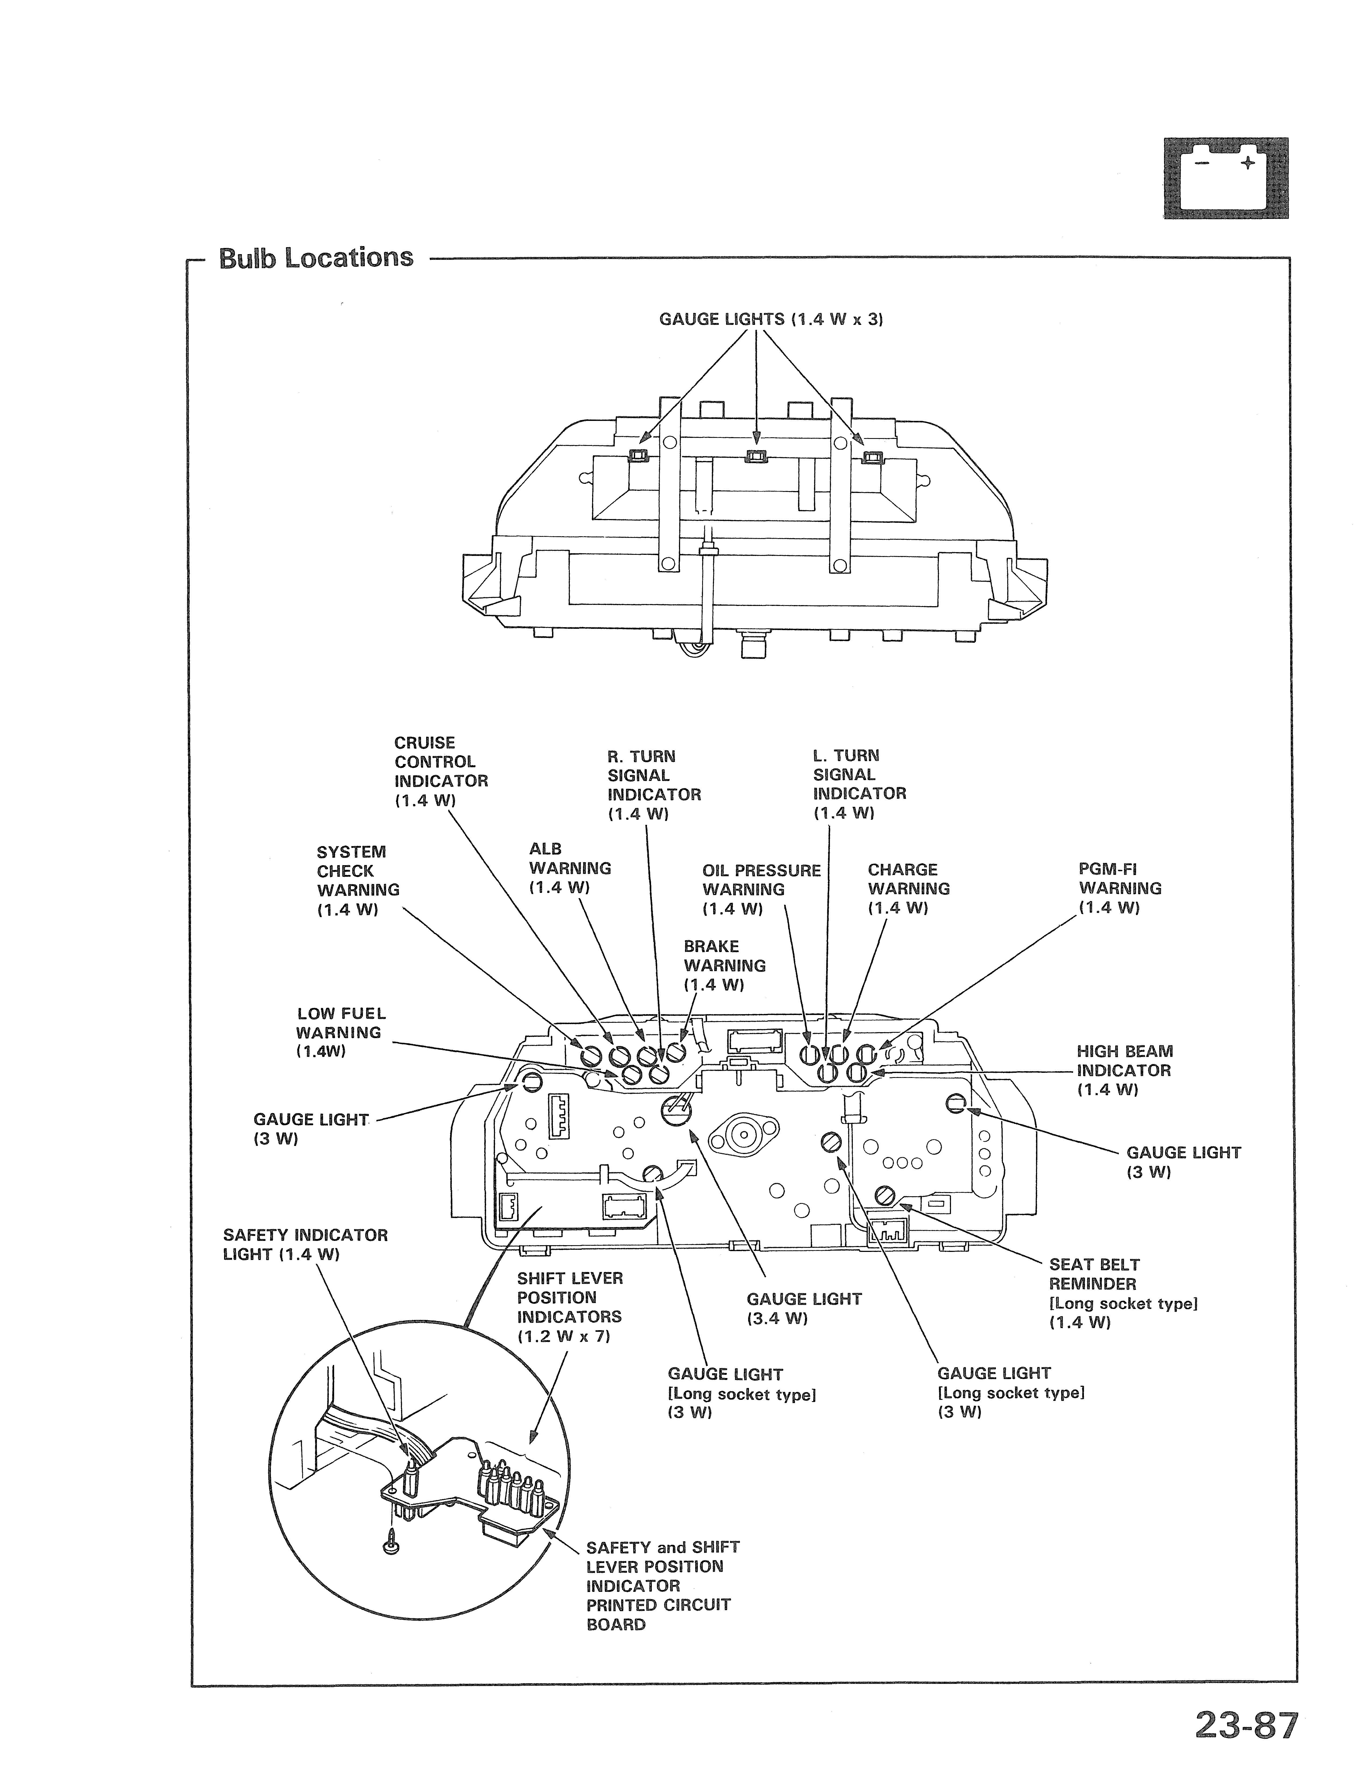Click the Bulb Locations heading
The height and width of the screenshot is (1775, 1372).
[316, 258]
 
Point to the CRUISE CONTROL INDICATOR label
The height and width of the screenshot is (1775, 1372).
[441, 771]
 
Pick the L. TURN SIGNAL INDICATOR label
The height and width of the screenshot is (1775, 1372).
[859, 784]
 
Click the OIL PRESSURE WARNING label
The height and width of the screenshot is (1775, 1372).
[762, 889]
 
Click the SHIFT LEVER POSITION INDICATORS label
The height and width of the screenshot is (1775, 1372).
[570, 1307]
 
